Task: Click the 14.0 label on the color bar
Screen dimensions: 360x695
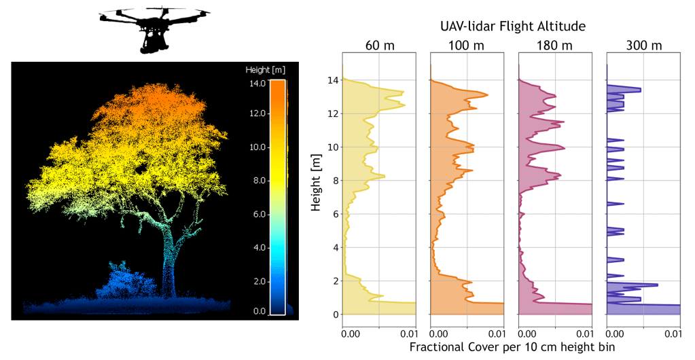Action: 258,84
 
